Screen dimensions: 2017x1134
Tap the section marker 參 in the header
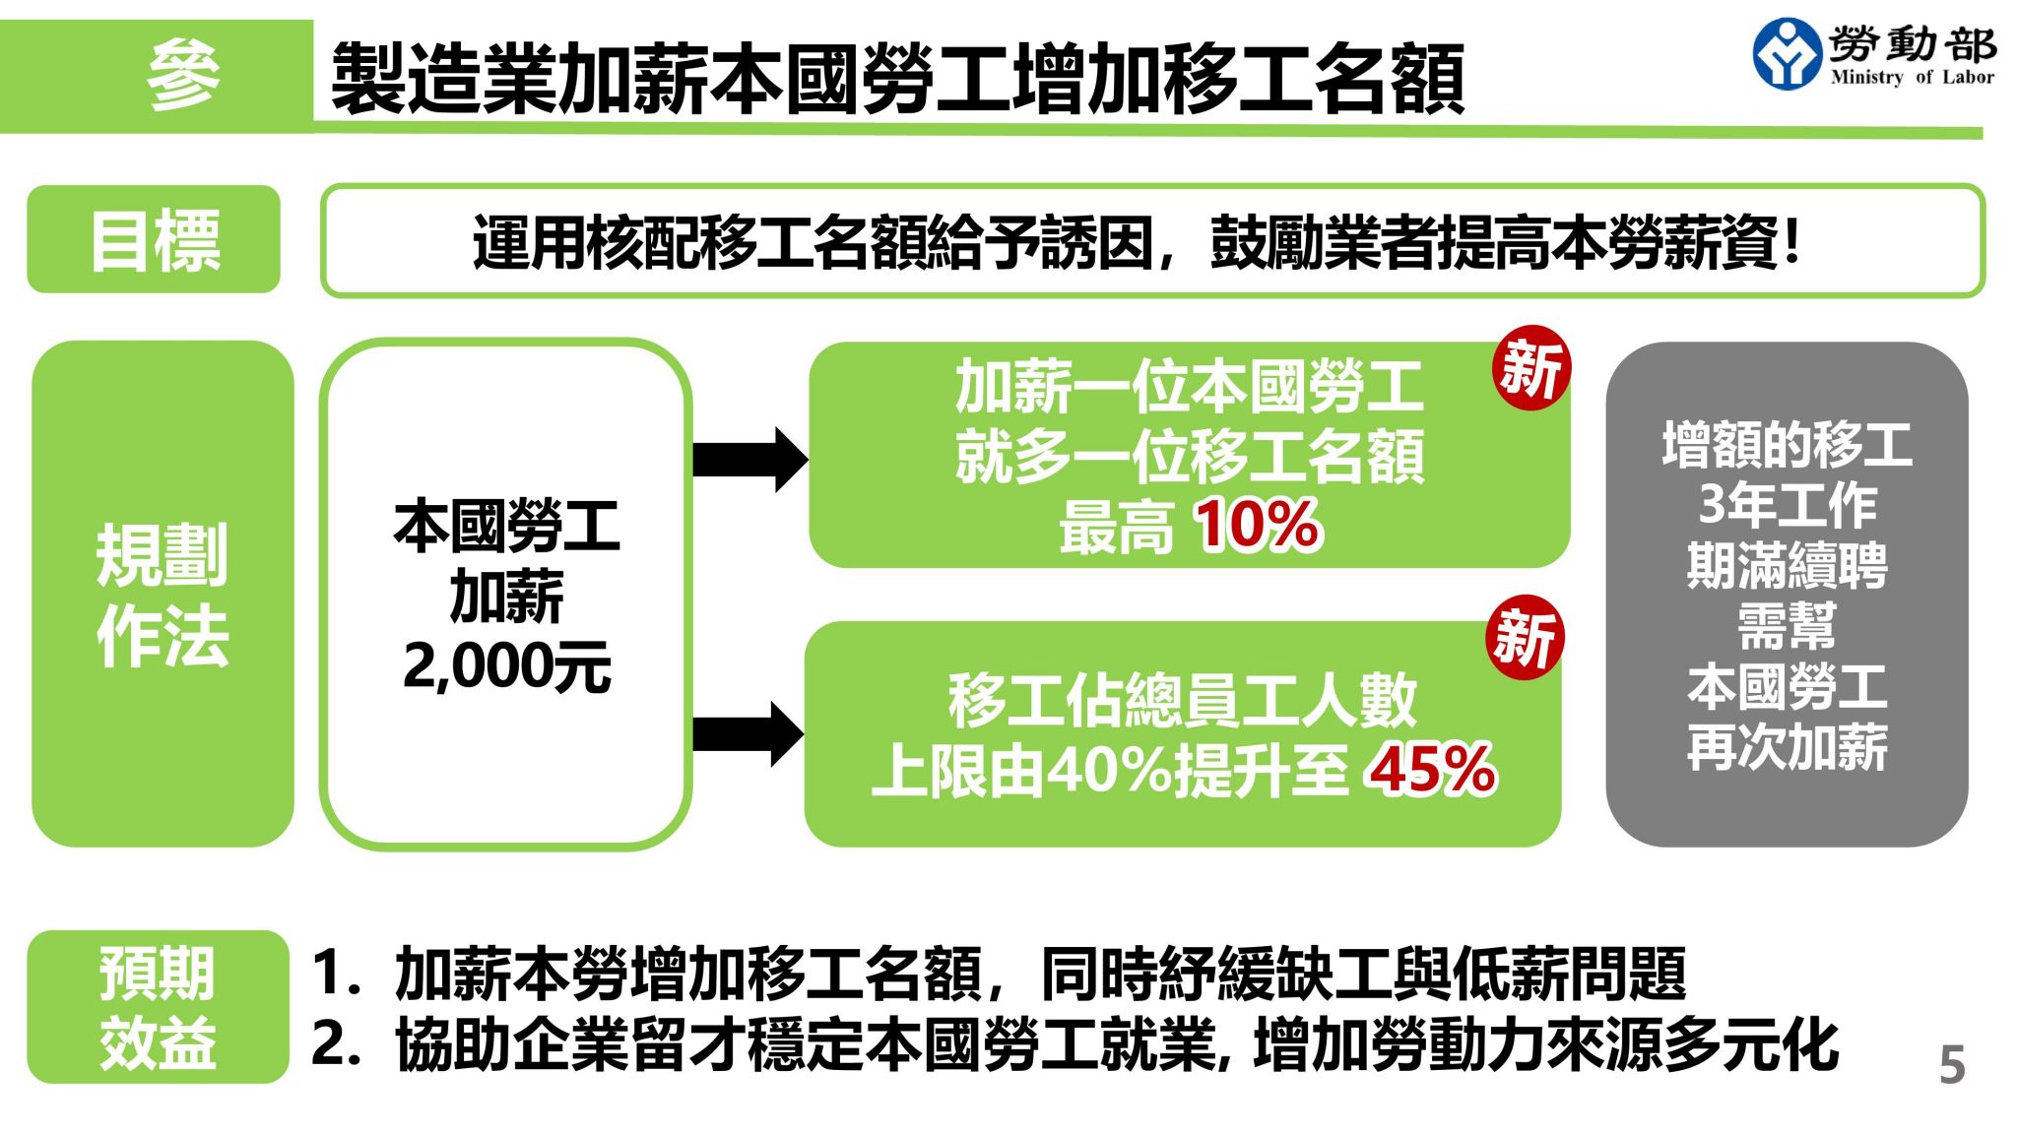tap(183, 75)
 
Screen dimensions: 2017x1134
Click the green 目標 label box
tap(154, 239)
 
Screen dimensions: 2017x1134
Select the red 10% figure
tap(1258, 524)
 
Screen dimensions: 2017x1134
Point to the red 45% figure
tap(1431, 769)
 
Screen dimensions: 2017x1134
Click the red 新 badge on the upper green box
tap(1531, 367)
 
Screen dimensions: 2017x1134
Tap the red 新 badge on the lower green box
tap(1525, 637)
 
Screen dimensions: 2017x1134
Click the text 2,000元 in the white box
tap(506, 666)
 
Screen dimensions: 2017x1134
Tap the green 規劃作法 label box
tap(163, 594)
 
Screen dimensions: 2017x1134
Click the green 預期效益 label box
tap(158, 1007)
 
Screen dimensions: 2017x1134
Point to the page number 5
tap(1951, 1064)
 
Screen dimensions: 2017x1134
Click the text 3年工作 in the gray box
tap(1787, 504)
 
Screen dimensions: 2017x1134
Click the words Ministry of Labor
tap(1912, 77)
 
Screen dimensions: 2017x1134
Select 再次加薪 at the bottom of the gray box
tap(1787, 747)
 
